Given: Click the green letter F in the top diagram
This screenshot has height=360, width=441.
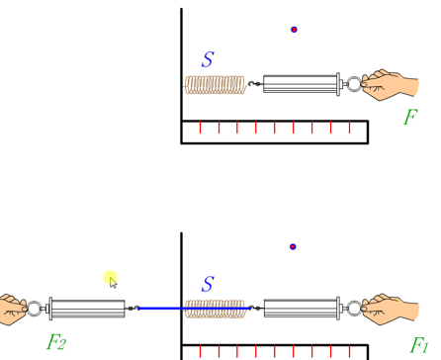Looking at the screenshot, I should [409, 118].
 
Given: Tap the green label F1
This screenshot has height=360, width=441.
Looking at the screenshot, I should [420, 344].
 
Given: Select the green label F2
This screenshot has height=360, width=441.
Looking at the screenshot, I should [56, 343].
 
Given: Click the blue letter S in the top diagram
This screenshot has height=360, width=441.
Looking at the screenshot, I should [208, 59].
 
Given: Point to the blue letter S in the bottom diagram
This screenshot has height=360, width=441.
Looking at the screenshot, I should [208, 285].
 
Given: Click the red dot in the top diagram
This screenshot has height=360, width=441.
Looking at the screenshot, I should [294, 30].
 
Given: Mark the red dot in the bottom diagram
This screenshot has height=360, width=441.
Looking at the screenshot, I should [293, 247].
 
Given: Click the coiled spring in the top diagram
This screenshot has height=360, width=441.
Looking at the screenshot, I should [215, 85].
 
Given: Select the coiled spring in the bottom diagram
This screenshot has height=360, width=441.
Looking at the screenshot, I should [215, 310].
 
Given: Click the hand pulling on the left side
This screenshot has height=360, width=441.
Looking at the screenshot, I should [11, 310].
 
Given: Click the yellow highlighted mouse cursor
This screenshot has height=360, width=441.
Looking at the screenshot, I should [111, 281].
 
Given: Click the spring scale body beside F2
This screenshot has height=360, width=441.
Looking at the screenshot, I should [87, 309].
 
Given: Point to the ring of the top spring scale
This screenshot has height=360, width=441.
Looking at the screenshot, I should [351, 84].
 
